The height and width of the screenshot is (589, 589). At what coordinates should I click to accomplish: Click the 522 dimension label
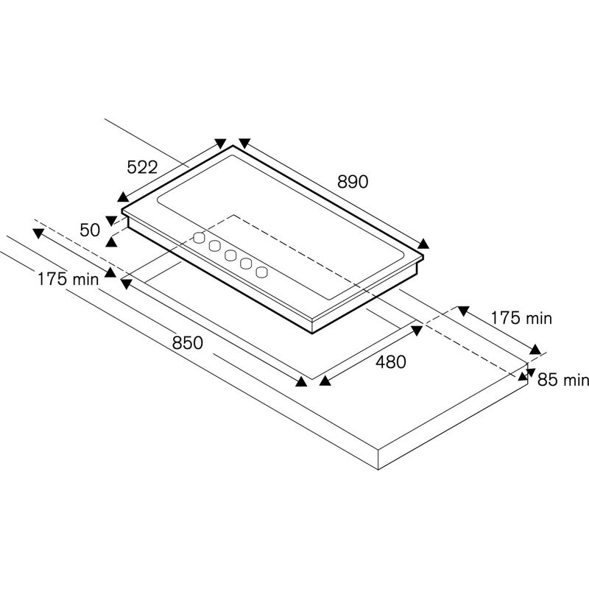[142, 167]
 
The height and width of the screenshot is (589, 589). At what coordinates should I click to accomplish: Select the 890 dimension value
[352, 182]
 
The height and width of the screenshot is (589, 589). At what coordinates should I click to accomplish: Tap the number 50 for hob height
[90, 230]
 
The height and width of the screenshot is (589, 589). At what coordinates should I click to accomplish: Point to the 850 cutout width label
[188, 342]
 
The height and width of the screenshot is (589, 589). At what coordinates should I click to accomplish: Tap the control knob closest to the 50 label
[198, 237]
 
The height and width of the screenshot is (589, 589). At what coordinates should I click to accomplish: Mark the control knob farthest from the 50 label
[261, 272]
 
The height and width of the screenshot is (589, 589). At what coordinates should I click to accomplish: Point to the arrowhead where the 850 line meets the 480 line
[301, 381]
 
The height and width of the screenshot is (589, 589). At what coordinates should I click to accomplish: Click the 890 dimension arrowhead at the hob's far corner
[244, 143]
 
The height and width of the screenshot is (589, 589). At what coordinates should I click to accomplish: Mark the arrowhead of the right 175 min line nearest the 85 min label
[536, 350]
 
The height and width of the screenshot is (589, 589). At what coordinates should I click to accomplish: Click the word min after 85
[576, 380]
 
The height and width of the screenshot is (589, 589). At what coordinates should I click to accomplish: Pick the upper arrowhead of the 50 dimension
[111, 219]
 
